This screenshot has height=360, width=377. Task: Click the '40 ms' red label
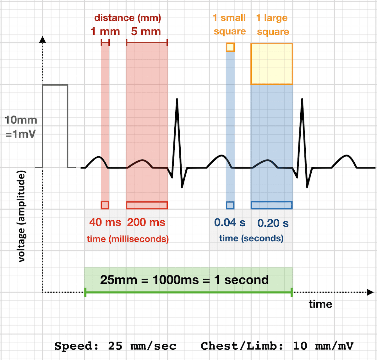point(105,223)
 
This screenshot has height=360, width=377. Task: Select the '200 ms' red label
point(146,223)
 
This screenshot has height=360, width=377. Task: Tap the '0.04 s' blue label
point(230,223)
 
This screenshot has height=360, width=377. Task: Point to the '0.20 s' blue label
point(273,223)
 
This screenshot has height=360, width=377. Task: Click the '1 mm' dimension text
point(105,32)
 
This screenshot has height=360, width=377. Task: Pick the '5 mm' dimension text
point(146,32)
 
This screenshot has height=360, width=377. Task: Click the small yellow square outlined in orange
point(230,47)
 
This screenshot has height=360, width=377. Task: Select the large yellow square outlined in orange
point(272,64)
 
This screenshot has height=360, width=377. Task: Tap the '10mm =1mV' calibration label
point(21,127)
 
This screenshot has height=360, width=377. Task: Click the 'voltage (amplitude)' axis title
point(21,216)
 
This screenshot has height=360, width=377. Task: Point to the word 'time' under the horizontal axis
point(320,304)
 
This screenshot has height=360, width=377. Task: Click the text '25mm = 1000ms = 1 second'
point(184,280)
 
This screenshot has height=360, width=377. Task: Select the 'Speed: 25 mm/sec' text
point(115,346)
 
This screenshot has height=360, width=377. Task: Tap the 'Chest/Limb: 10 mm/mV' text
point(277,346)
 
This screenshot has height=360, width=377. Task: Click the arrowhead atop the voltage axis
point(43,39)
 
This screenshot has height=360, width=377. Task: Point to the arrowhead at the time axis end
point(371,292)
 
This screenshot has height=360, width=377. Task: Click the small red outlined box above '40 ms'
point(105,205)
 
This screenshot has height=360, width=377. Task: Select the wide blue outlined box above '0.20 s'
point(272,205)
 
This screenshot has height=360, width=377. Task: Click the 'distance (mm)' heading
point(128,18)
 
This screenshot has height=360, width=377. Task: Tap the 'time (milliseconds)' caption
point(128,239)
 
